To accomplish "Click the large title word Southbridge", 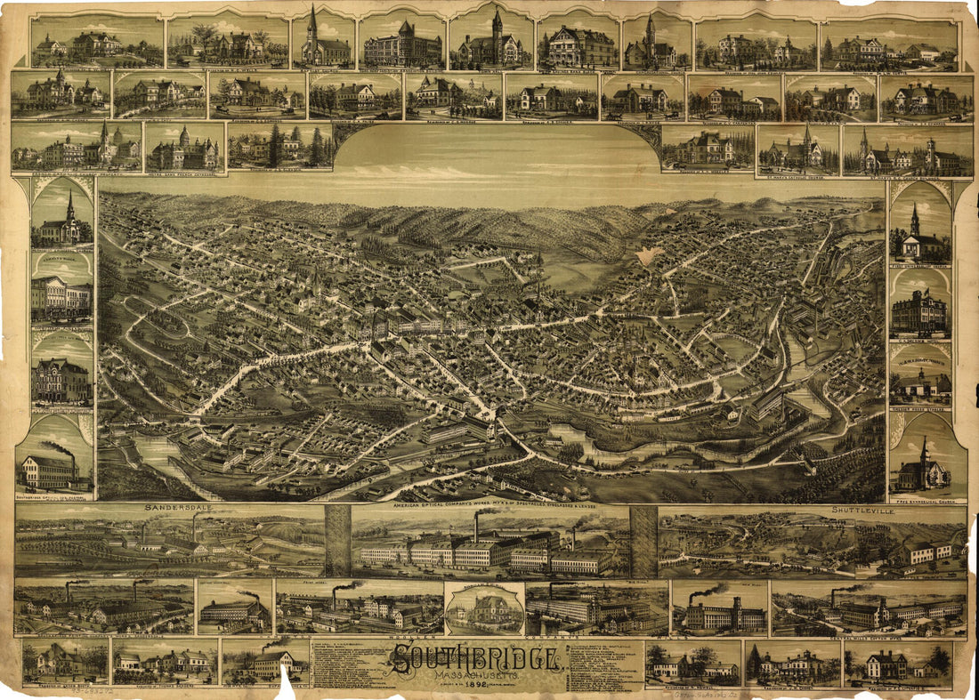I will [x=475, y=659].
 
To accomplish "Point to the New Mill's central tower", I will [x=718, y=609].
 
